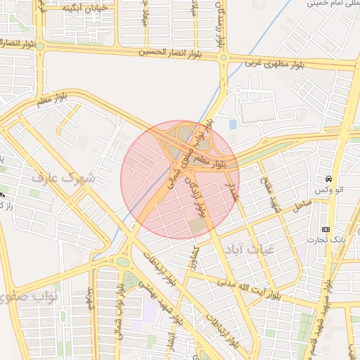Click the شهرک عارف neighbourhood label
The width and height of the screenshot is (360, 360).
[63, 178]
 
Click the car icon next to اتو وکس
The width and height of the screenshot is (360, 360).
[329, 179]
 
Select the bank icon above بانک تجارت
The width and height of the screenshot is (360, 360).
[326, 229]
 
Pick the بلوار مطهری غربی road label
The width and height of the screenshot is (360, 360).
[274, 64]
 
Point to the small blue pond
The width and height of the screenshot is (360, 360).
[233, 124]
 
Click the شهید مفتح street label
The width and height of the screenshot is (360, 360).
[270, 194]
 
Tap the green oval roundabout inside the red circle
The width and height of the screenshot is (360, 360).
[184, 132]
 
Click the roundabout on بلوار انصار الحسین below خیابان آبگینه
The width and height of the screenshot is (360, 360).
[41, 46]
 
